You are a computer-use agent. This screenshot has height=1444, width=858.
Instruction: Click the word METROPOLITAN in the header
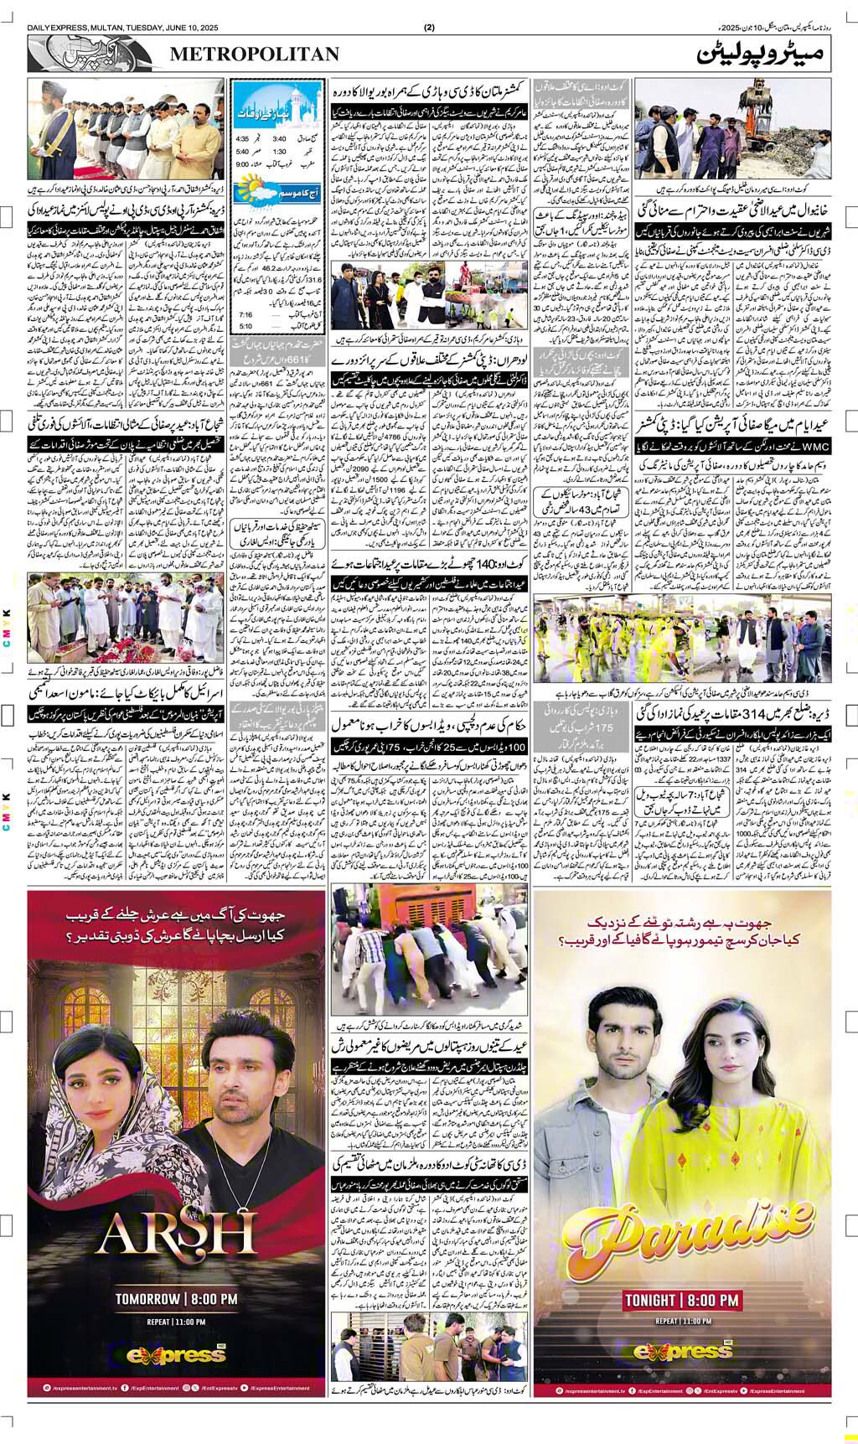tap(256, 54)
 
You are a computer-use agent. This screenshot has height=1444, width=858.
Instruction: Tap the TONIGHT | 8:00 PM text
tap(681, 1300)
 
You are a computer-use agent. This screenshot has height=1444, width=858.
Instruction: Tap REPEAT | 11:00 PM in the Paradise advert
tap(680, 1320)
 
